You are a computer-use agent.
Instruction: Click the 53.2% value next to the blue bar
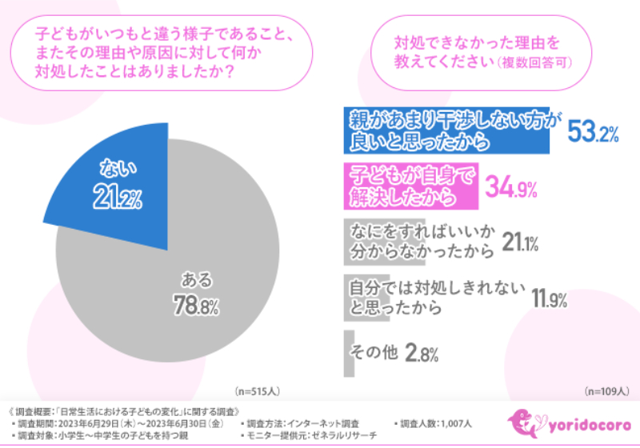point(593,132)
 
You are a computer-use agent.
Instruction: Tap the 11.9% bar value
point(549,299)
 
